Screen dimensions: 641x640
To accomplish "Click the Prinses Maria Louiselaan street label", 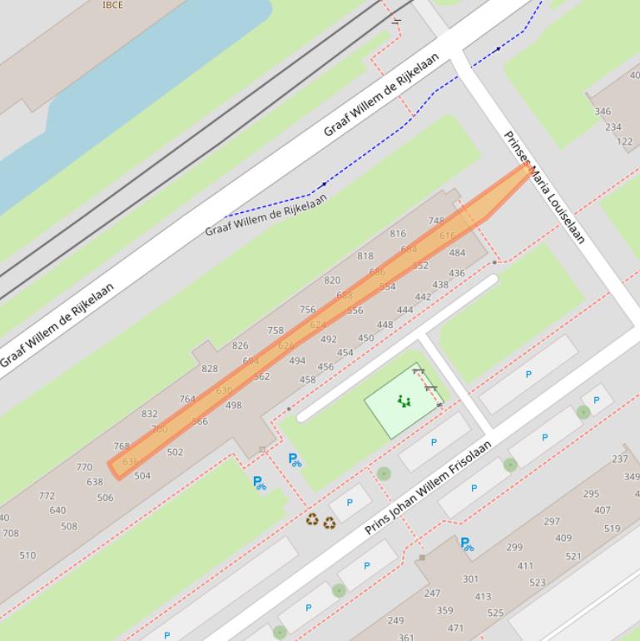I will tap(545, 188).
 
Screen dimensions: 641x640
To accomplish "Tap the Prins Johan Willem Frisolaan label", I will tap(429, 488).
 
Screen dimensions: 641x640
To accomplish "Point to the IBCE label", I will tap(112, 5).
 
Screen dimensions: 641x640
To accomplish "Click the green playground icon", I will tap(404, 401).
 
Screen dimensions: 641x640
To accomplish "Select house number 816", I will tap(398, 234).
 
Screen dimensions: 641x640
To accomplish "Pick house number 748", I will tap(436, 221).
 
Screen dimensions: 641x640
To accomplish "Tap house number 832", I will tap(149, 414).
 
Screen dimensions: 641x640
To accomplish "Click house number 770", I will tap(84, 467).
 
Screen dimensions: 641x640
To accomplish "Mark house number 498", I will tap(233, 405).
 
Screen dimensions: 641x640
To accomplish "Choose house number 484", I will tap(457, 253).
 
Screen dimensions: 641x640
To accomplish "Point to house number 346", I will tap(603, 111).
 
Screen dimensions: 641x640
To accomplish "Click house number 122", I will tap(624, 142).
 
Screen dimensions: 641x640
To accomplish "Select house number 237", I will tap(620, 459).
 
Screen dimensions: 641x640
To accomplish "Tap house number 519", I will tap(612, 529).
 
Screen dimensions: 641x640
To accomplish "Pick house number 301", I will tap(470, 579).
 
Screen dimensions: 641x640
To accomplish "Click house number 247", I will tap(432, 594).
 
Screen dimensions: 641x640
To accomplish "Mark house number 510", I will tap(27, 555).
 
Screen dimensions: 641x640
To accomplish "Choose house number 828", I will tap(210, 369).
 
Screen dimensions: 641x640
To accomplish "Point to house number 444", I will tap(404, 310).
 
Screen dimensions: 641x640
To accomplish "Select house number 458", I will tap(307, 380).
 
